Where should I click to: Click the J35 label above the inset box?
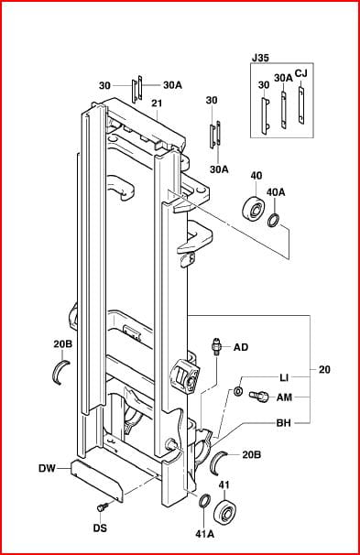tap(260, 58)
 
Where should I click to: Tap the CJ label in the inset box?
tap(300, 73)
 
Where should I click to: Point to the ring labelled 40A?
tap(274, 221)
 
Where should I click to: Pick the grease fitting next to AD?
tap(215, 346)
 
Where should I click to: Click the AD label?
tap(241, 348)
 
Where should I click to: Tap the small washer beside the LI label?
tap(237, 391)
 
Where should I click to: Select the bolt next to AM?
tap(258, 396)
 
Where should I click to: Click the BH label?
tap(284, 423)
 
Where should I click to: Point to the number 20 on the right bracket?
tap(324, 369)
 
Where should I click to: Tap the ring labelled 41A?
tap(204, 501)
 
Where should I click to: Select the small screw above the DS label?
tap(102, 506)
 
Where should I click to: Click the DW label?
tap(47, 468)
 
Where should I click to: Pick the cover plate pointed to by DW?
tap(96, 480)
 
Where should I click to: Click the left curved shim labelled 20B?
tap(60, 371)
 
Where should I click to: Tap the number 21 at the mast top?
tap(157, 103)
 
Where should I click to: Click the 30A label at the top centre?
tap(172, 85)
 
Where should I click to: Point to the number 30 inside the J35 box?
tap(264, 85)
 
